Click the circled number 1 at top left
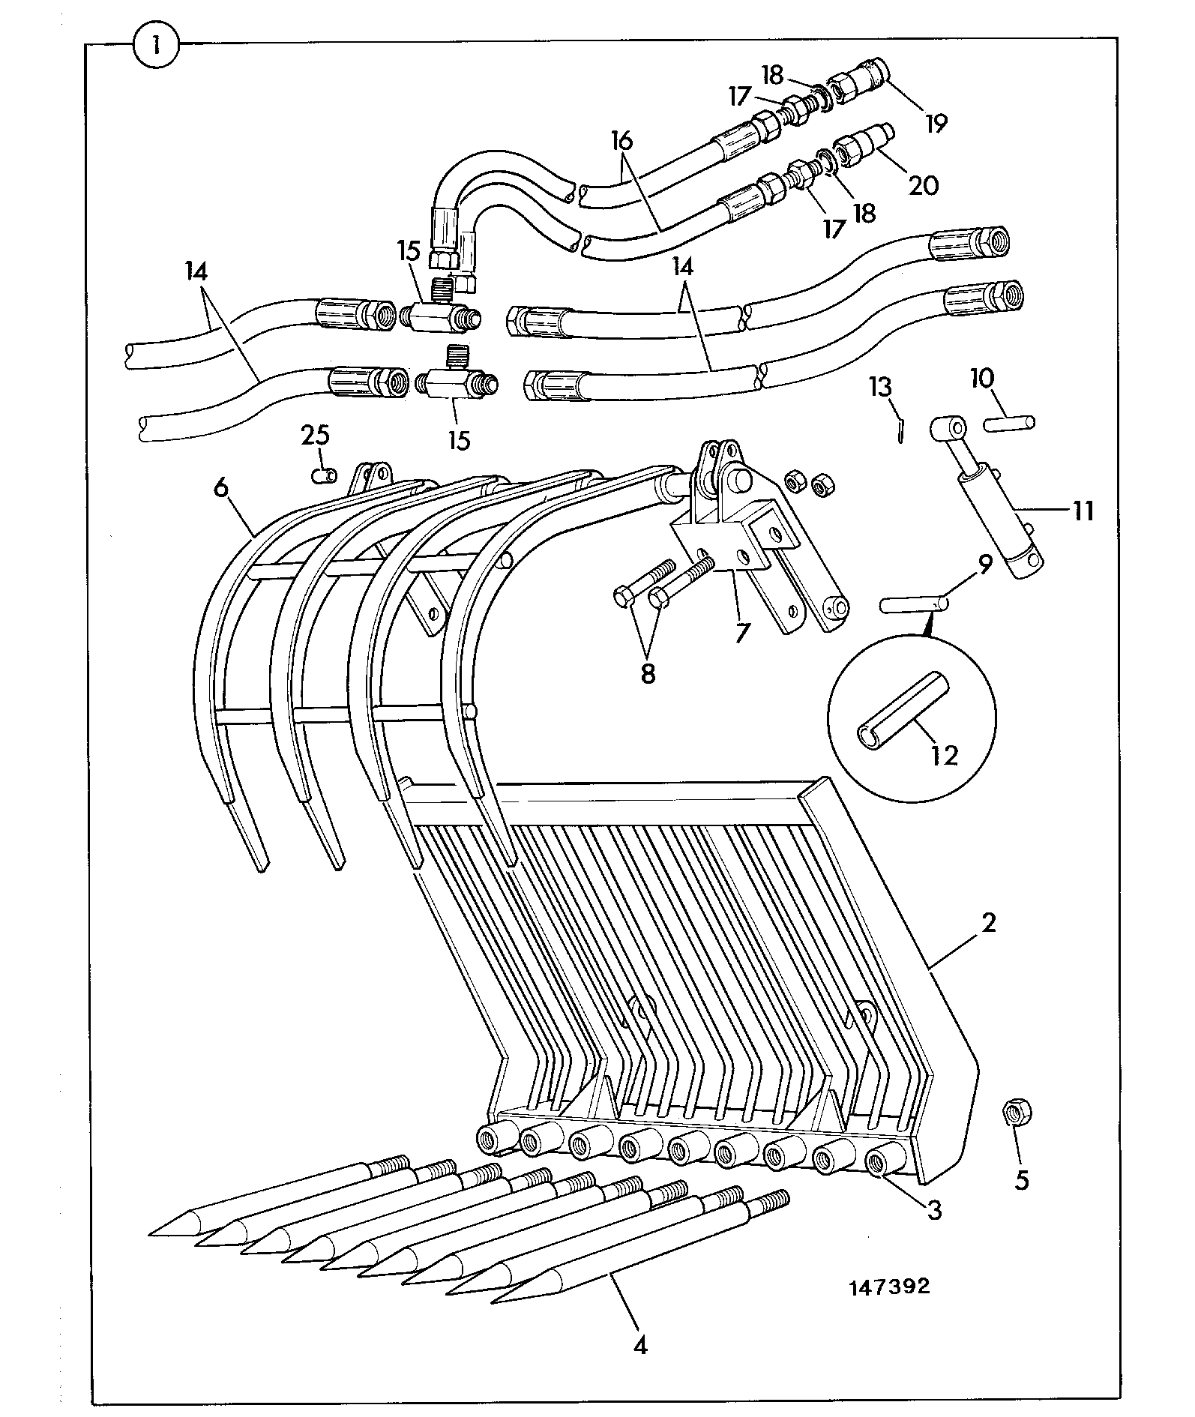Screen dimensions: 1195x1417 pyautogui.click(x=156, y=45)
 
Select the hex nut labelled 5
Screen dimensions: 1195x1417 pyautogui.click(x=1016, y=1111)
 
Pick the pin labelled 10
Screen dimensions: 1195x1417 pyautogui.click(x=1011, y=423)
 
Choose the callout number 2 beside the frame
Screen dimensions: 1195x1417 pyautogui.click(x=988, y=923)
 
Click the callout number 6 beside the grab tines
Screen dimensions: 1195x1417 pyautogui.click(x=220, y=487)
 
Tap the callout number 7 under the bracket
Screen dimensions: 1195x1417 pyautogui.click(x=741, y=633)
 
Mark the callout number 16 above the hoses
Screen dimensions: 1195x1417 pyautogui.click(x=622, y=140)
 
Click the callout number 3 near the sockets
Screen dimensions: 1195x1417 pyautogui.click(x=934, y=1210)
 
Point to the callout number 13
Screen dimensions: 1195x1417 pyautogui.click(x=880, y=388)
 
